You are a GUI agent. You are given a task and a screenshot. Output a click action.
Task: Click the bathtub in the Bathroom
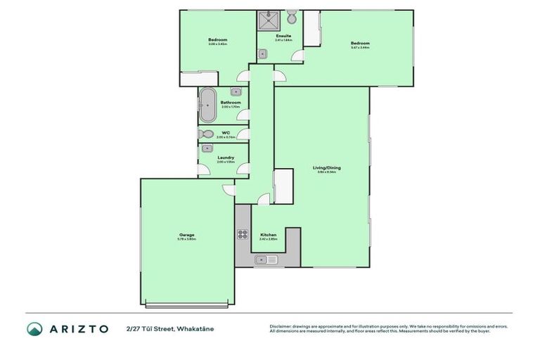click(x=207, y=106)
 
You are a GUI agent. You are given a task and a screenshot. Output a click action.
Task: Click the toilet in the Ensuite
click(x=292, y=16)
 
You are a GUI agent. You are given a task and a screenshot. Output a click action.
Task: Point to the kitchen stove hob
click(x=243, y=235)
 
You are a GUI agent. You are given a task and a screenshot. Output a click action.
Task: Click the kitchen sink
click(x=267, y=260)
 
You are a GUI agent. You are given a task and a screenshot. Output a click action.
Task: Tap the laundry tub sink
click(x=207, y=148)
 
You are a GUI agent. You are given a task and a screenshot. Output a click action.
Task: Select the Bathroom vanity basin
click(x=236, y=91)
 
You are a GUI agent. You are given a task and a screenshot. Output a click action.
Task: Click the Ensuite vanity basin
click(x=262, y=53)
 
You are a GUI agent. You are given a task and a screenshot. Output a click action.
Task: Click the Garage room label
click(x=186, y=236)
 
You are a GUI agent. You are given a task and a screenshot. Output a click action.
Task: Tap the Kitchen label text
click(x=269, y=235)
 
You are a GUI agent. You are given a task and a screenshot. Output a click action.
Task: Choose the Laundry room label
click(x=226, y=157)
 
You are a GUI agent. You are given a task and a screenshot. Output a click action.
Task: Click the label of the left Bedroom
click(x=217, y=40)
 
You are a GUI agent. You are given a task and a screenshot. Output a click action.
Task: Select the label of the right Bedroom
click(x=360, y=44)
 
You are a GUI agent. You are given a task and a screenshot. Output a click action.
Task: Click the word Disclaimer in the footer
click(x=282, y=326)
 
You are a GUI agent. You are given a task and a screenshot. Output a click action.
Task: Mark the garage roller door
click(x=186, y=304)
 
